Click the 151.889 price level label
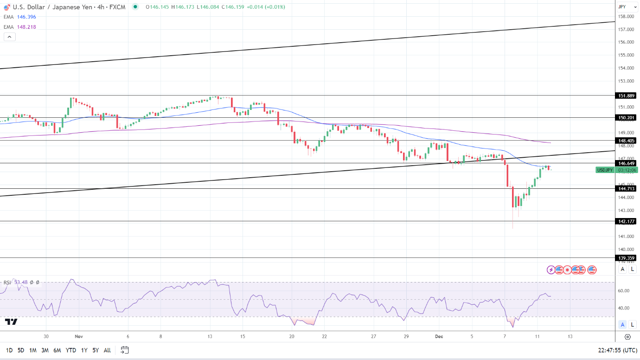[x=627, y=96]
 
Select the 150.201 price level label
[x=627, y=118]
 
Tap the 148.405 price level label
[x=627, y=140]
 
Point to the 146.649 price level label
[x=627, y=163]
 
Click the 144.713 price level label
[x=627, y=188]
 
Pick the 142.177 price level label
[x=627, y=222]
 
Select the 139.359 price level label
[x=627, y=258]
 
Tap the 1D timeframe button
[x=9, y=350]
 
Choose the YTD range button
[x=71, y=350]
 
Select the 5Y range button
[x=95, y=350]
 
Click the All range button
[x=107, y=350]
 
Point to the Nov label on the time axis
[x=78, y=336]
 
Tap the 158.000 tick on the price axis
[x=627, y=17]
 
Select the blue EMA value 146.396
[x=26, y=17]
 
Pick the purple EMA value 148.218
[x=26, y=27]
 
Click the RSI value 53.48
[x=21, y=282]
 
